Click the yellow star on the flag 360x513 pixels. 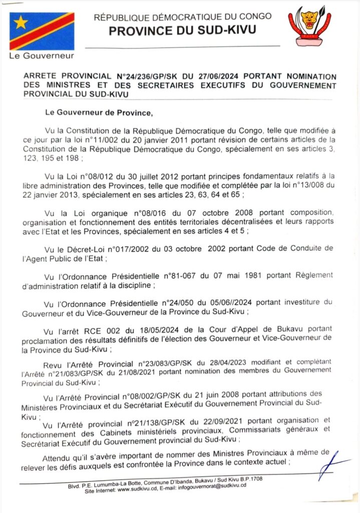pyautogui.click(x=21, y=22)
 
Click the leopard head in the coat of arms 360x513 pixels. pyautogui.click(x=309, y=20)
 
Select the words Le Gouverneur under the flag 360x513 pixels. pyautogui.click(x=42, y=56)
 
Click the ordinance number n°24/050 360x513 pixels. pyautogui.click(x=180, y=303)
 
